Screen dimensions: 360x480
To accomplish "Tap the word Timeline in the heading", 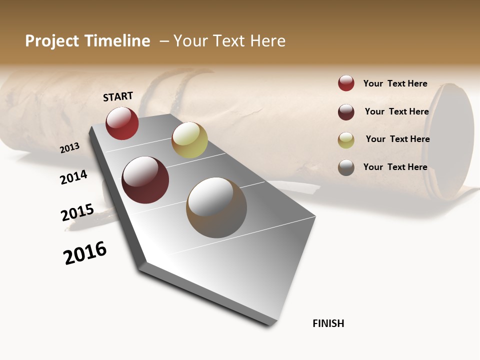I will pyautogui.click(x=117, y=41).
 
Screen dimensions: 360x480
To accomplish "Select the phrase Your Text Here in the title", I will pyautogui.click(x=229, y=41).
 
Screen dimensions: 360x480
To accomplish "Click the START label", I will pyautogui.click(x=118, y=96).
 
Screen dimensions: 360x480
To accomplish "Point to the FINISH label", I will pyautogui.click(x=328, y=323).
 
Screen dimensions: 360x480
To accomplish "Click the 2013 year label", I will pyautogui.click(x=70, y=147).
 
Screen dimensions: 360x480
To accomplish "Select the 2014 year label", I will pyautogui.click(x=74, y=177).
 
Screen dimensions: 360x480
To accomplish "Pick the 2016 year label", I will pyautogui.click(x=85, y=253).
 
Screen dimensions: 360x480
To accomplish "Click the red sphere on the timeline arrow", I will pyautogui.click(x=122, y=123).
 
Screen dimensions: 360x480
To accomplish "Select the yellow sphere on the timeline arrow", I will pyautogui.click(x=189, y=140).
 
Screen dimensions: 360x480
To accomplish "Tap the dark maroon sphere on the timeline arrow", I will pyautogui.click(x=145, y=180).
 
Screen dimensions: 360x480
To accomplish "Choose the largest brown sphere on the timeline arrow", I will pyautogui.click(x=216, y=207).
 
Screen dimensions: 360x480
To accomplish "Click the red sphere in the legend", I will pyautogui.click(x=346, y=83).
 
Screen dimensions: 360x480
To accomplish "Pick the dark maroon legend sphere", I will pyautogui.click(x=346, y=112).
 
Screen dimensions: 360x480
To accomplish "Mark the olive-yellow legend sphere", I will pyautogui.click(x=346, y=140).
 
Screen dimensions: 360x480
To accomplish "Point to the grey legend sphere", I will pyautogui.click(x=346, y=167).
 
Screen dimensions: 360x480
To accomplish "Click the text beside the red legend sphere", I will pyautogui.click(x=395, y=83).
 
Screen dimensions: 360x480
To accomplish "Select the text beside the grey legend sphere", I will pyautogui.click(x=395, y=167).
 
